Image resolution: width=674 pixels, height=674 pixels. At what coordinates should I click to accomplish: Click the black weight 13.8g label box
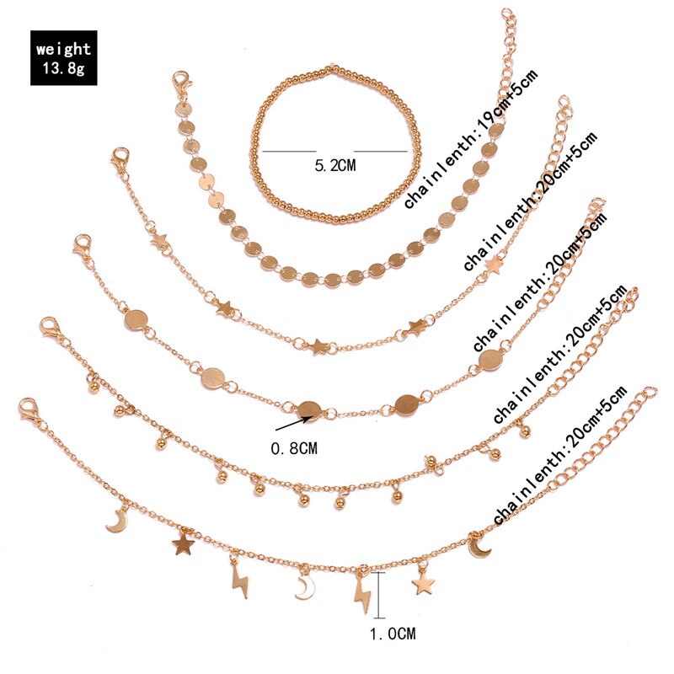tap(63, 57)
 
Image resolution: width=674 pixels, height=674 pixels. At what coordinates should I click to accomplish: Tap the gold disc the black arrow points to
tap(310, 408)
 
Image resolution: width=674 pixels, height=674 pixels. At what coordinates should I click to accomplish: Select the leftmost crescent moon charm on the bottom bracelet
tap(115, 521)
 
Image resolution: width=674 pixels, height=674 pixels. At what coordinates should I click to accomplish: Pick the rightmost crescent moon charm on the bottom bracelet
tap(479, 546)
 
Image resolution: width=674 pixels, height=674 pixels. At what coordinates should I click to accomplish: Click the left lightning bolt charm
tap(238, 581)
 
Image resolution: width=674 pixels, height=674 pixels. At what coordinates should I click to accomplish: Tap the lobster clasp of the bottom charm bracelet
tap(31, 410)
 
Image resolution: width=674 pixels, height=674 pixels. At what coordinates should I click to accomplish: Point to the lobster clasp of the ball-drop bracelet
tap(52, 328)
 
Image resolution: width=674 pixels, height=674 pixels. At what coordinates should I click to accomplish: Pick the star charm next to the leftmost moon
tap(182, 545)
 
